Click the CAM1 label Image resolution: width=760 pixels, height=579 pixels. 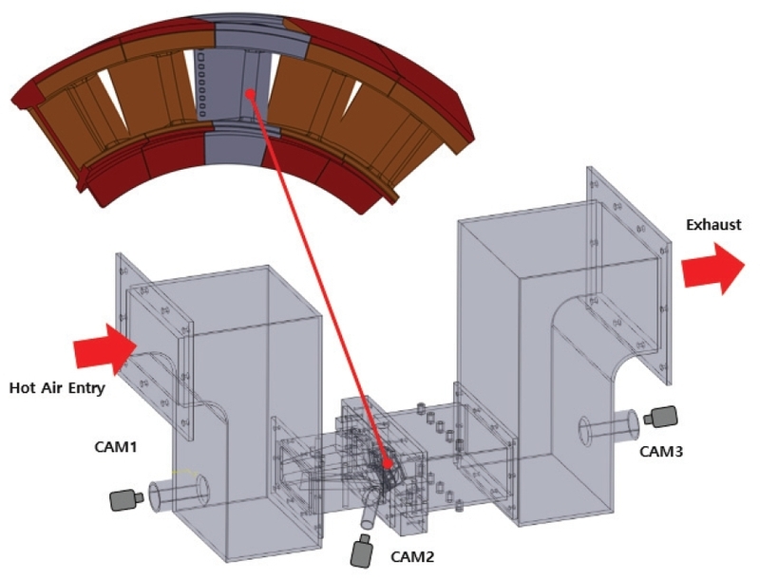pyautogui.click(x=117, y=445)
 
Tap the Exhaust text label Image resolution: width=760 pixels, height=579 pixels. pyautogui.click(x=712, y=226)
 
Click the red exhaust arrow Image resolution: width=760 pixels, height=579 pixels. pyautogui.click(x=713, y=268)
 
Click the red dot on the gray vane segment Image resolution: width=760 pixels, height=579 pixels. pyautogui.click(x=248, y=93)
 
